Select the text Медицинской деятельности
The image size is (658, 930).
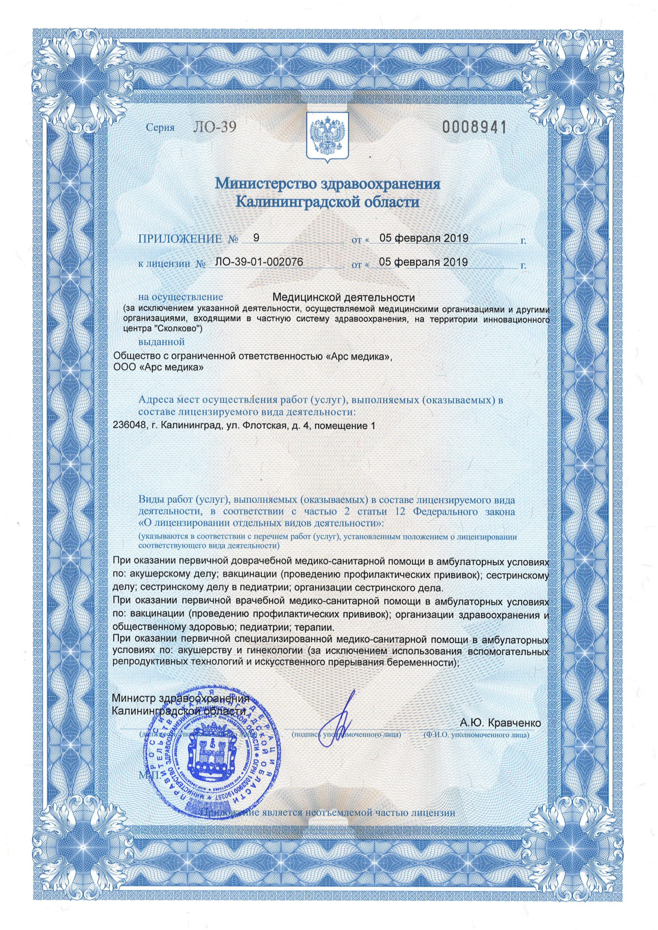coord(344,298)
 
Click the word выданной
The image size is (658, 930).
coord(161,341)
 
